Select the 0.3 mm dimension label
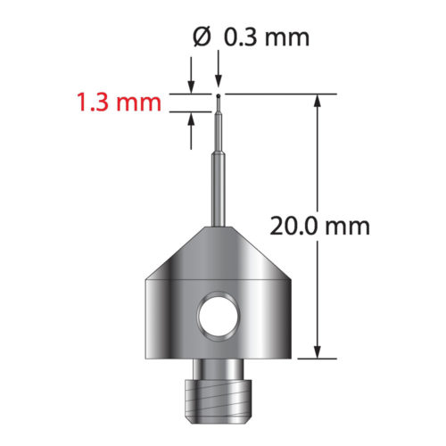click(x=266, y=37)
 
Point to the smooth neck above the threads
click(x=219, y=367)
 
